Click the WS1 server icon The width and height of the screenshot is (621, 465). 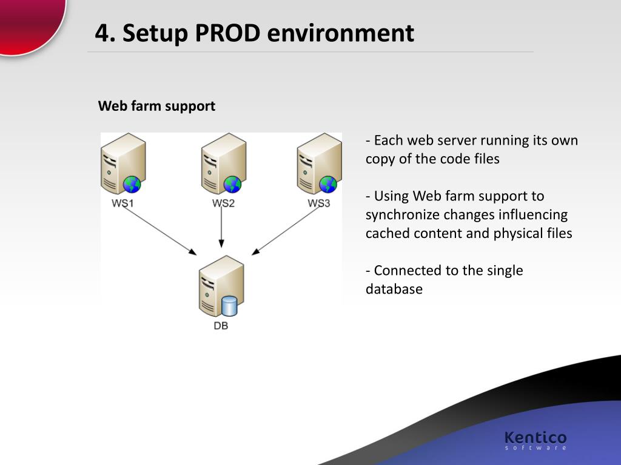point(123,163)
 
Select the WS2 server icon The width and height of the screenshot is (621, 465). point(223,163)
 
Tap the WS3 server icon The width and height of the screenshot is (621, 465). point(319,163)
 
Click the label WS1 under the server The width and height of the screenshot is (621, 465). point(123,203)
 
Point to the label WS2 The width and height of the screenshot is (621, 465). point(223,203)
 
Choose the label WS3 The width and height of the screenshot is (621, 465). point(319,203)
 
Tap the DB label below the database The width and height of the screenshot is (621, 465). point(221,326)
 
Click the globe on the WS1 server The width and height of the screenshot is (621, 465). point(132,184)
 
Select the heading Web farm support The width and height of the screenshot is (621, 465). point(156,106)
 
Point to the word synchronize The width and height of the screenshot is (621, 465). point(402,215)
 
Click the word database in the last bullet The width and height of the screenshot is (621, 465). point(394,289)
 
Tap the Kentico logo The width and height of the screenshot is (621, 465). point(535,439)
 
